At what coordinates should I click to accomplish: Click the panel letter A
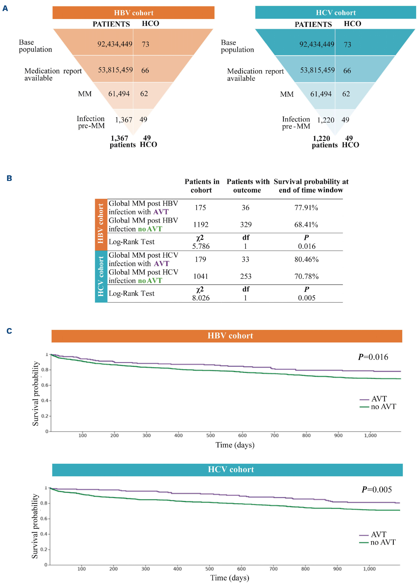click(x=5, y=8)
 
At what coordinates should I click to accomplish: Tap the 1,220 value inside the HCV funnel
click(x=326, y=120)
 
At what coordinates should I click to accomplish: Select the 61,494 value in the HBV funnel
click(x=119, y=94)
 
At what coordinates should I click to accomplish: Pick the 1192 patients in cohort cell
click(x=201, y=225)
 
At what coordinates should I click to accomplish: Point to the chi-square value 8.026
click(x=201, y=298)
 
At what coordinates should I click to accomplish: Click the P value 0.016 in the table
click(x=307, y=246)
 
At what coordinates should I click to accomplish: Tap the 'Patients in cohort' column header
click(x=202, y=186)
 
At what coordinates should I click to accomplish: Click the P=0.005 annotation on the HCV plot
click(x=377, y=489)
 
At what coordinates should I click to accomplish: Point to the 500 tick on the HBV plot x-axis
click(x=210, y=435)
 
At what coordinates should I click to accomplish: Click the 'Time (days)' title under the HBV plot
click(x=235, y=445)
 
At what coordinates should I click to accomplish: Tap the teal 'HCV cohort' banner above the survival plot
click(x=231, y=469)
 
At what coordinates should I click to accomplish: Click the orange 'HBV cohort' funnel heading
click(x=134, y=13)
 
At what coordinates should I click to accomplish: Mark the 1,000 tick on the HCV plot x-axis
click(x=369, y=569)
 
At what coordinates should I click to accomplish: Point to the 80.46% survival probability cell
click(x=306, y=259)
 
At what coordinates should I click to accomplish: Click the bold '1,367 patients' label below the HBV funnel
click(x=122, y=142)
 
